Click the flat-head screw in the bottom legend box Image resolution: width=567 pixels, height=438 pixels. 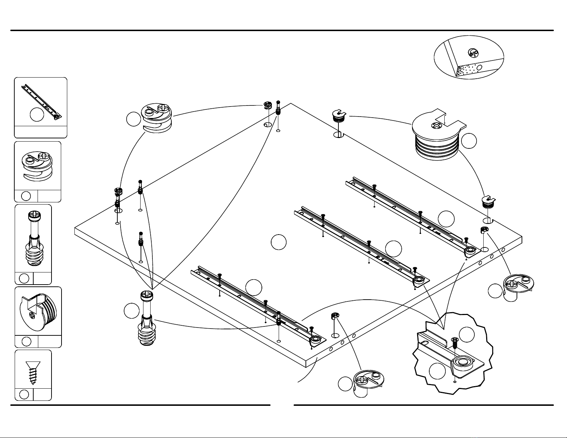click(33, 372)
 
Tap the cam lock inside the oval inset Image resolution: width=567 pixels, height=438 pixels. click(473, 53)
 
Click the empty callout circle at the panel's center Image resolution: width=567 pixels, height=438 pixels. click(279, 242)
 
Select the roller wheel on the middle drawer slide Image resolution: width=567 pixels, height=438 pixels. click(418, 280)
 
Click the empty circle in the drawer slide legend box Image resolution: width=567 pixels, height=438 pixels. click(37, 114)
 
